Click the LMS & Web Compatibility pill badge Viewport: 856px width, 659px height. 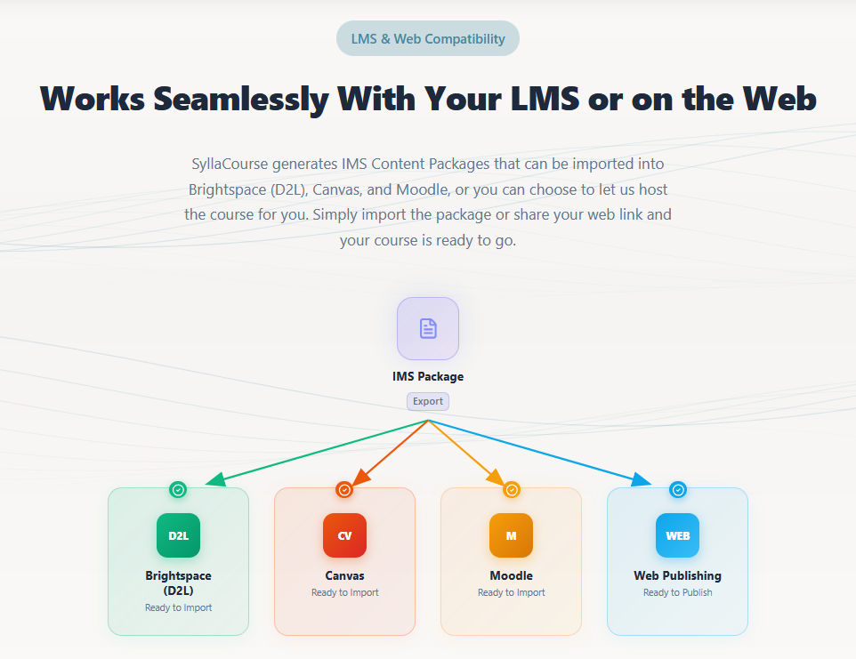click(427, 39)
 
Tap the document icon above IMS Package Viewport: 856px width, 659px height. click(428, 328)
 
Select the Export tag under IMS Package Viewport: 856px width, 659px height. click(428, 401)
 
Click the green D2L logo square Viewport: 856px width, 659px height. click(179, 535)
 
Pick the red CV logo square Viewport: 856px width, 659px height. click(344, 535)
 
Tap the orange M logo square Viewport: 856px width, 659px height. click(511, 535)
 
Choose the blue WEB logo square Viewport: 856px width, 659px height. click(677, 535)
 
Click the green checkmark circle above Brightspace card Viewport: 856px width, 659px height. click(178, 490)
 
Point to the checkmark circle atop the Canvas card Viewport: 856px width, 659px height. click(344, 490)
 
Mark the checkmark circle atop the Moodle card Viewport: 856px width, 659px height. click(512, 490)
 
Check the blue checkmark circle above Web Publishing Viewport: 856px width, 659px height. click(678, 490)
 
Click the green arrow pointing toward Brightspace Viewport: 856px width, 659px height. click(317, 453)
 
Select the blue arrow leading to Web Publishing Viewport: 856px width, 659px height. click(540, 453)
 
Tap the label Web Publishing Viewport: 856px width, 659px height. click(677, 575)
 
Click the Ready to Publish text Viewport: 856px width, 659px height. click(677, 592)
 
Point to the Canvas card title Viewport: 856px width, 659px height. click(344, 575)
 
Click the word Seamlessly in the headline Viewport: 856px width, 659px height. click(241, 100)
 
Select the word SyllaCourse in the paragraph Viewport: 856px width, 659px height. click(230, 165)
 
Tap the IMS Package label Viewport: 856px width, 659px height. click(428, 376)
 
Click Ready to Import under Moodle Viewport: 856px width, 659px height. click(511, 592)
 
